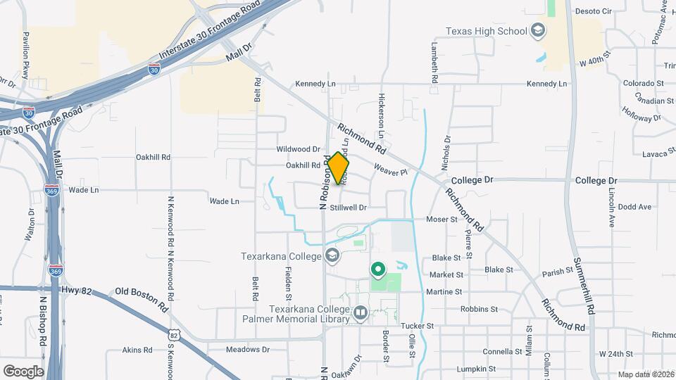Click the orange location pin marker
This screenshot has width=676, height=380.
[339, 168]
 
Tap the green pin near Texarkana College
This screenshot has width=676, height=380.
[377, 269]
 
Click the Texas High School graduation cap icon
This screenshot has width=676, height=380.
[539, 31]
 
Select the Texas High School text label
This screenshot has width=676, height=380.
[487, 31]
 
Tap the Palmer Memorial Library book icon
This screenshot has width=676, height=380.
[361, 312]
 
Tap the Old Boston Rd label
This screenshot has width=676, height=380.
[142, 298]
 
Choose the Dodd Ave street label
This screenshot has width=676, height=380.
[635, 207]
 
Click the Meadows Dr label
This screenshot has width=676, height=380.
[248, 349]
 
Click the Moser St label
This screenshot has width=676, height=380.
[442, 220]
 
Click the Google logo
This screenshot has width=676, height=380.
[23, 371]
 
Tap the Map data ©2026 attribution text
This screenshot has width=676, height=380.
[645, 374]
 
